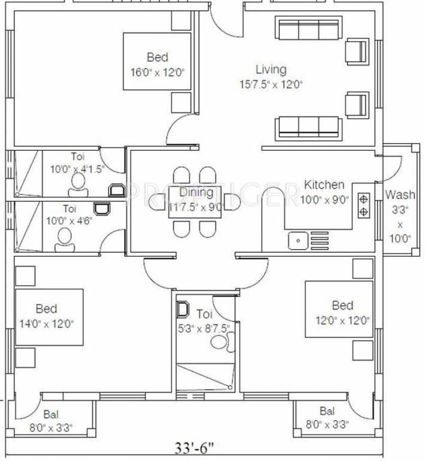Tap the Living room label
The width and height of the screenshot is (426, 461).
tap(271, 70)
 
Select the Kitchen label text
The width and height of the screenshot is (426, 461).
tap(324, 185)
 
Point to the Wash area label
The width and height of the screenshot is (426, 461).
tap(400, 194)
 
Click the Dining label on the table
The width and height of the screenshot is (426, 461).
tap(196, 193)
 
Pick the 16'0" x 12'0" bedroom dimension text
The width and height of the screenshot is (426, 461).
tap(157, 73)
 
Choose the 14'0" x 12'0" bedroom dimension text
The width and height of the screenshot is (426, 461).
tap(46, 324)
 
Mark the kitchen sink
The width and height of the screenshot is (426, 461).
tap(297, 241)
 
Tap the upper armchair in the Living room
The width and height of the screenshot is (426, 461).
tap(357, 50)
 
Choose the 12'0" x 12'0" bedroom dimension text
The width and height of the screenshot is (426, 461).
tap(342, 320)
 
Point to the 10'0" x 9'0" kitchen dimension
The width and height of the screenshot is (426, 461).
tap(324, 200)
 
